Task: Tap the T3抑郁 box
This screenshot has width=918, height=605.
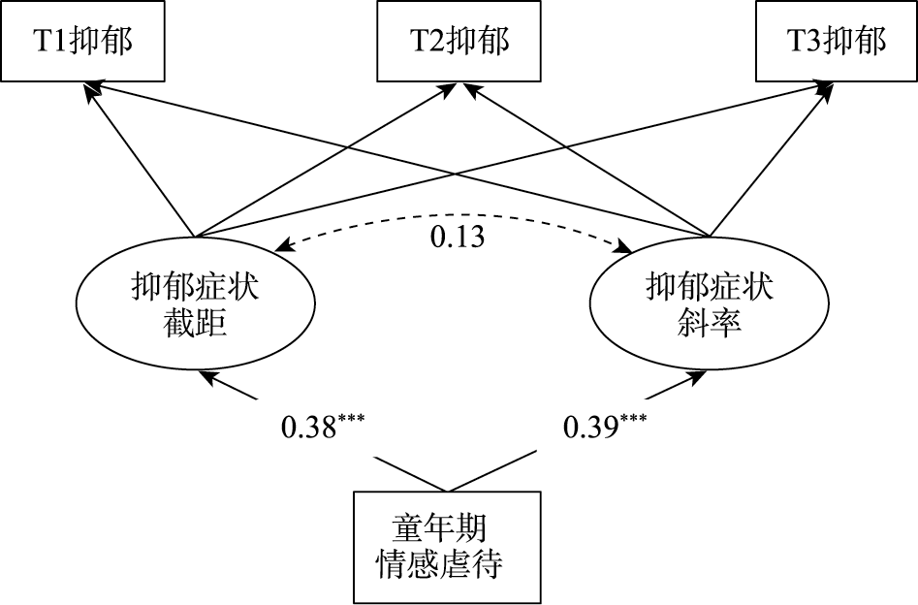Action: pyautogui.click(x=837, y=42)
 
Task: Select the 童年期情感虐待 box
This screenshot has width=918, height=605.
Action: pyautogui.click(x=445, y=547)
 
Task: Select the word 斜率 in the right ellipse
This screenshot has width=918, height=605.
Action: pyautogui.click(x=711, y=323)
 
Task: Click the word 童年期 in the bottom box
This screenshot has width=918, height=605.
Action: pyautogui.click(x=439, y=529)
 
